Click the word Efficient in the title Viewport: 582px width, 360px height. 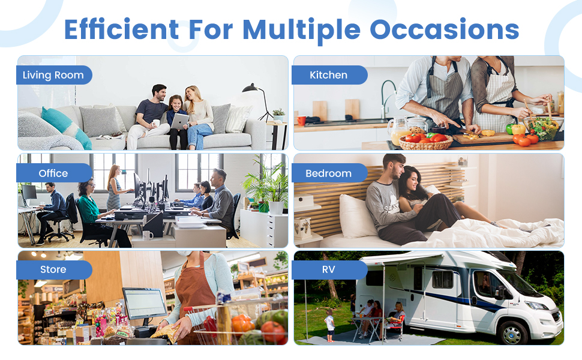point(121,29)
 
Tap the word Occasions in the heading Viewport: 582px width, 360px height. point(444,29)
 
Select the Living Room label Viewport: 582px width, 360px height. point(54,75)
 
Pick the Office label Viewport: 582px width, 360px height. point(54,173)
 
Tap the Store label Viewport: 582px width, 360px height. point(54,269)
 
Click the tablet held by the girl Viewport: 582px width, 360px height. point(179,121)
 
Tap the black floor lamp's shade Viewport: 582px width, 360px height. point(250,88)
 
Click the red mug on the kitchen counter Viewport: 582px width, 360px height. point(301,120)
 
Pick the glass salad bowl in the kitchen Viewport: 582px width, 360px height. point(544,128)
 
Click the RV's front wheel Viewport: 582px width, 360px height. point(512,332)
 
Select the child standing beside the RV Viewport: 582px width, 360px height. point(329,325)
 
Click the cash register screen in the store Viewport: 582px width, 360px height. point(145,303)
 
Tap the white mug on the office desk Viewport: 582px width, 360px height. point(148,235)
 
